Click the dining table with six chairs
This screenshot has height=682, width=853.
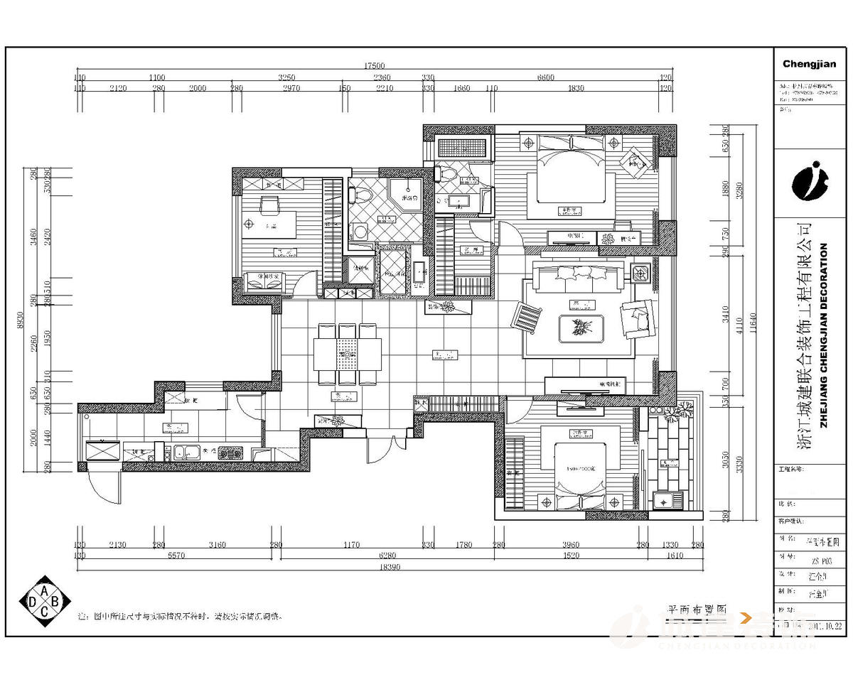[348, 353]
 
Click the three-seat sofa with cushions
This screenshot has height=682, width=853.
[580, 279]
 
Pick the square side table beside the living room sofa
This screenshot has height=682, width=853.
[640, 274]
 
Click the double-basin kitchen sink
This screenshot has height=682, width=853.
[186, 452]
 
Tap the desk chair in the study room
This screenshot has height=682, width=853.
[269, 206]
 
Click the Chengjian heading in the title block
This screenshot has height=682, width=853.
[809, 64]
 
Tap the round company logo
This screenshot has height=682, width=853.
[810, 182]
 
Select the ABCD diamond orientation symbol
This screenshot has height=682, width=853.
[45, 602]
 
